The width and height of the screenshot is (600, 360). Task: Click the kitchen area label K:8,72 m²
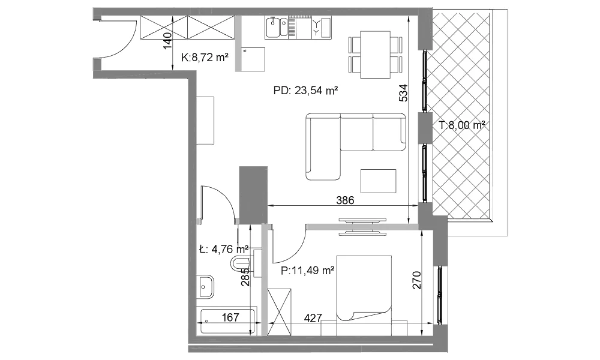205,58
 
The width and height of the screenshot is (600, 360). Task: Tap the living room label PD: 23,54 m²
305,91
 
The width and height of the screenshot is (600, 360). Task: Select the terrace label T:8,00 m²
462,125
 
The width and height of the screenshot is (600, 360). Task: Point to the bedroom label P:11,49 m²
308,271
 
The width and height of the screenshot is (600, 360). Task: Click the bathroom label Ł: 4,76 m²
224,250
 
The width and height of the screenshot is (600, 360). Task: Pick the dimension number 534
403,93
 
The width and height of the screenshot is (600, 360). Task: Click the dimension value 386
345,200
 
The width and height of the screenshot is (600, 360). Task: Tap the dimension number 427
313,318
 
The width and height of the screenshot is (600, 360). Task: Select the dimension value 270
417,280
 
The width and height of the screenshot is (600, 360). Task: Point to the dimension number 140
167,41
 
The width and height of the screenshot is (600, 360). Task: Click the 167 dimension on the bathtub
230,317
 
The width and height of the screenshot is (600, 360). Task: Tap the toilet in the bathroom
241,263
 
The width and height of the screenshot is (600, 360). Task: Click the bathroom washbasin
206,286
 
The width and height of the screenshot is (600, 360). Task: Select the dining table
375,55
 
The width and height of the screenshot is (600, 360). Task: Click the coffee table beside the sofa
379,181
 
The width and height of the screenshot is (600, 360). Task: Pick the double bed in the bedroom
364,287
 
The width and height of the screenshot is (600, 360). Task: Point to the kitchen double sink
277,28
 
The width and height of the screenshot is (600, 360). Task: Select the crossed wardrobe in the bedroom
280,312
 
